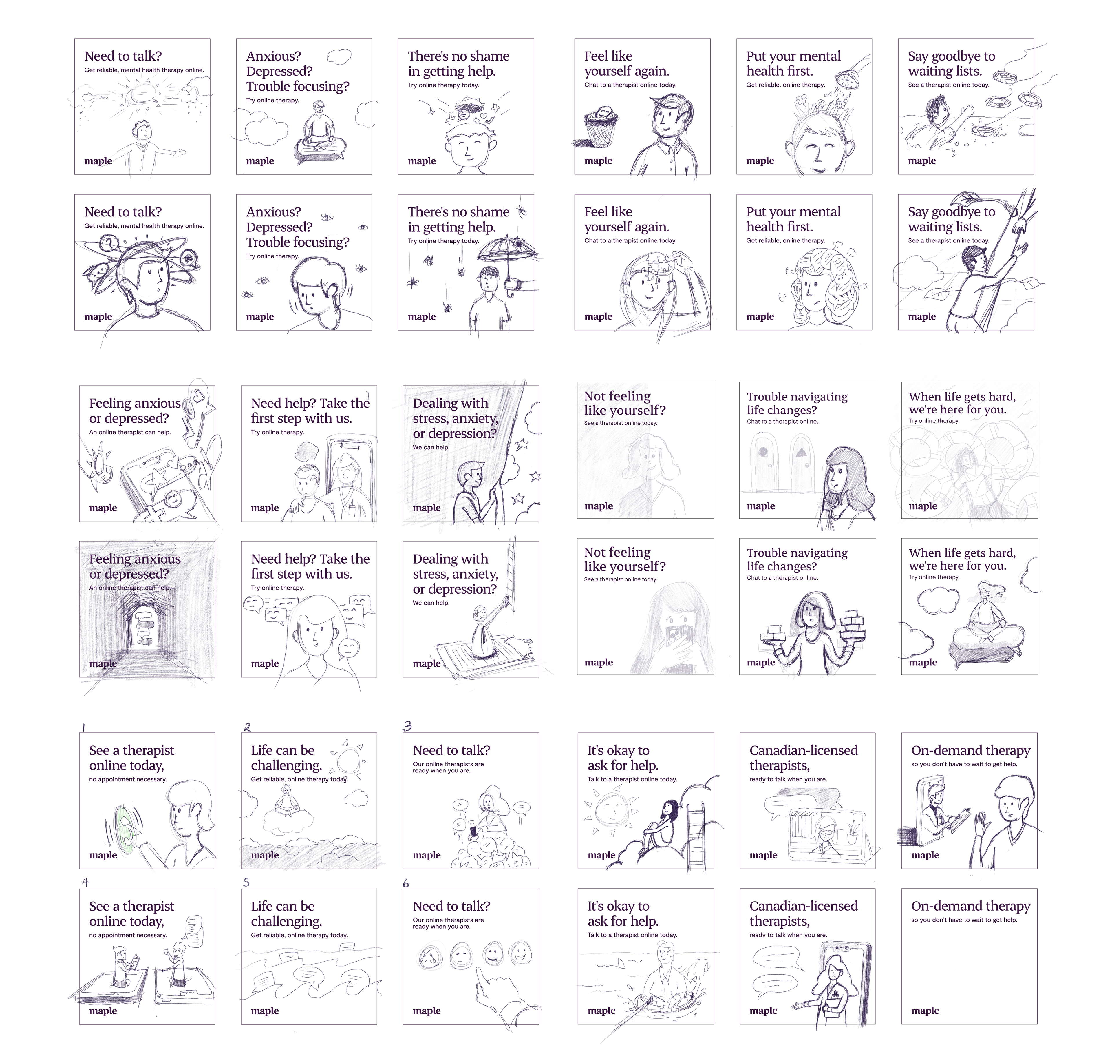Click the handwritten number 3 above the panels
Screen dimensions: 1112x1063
pos(407,726)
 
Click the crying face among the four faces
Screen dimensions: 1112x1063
pos(426,958)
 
